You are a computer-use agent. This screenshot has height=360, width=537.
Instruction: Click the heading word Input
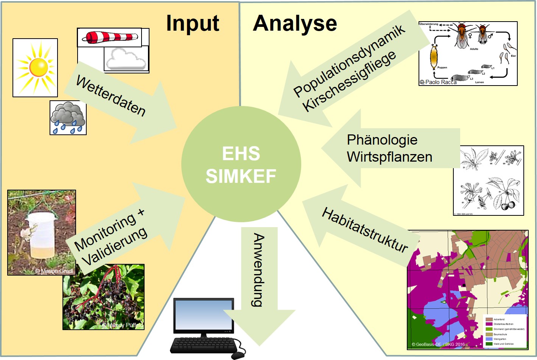point(193,23)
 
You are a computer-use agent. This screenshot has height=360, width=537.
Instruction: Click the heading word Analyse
point(295,23)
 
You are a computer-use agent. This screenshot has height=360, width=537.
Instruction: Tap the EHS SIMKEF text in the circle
point(241,165)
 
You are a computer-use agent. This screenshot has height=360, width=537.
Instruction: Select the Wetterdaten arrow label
point(111,96)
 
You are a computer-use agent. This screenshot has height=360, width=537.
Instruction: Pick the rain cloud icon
point(68,118)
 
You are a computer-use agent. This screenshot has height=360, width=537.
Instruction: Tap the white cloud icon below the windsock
point(126,59)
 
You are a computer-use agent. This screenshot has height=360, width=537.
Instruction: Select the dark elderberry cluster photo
point(103,297)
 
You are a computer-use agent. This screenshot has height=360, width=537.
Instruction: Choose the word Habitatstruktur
point(365,230)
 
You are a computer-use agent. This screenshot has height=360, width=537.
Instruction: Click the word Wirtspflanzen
point(389,157)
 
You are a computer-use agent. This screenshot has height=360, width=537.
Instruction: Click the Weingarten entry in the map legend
point(500,339)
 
